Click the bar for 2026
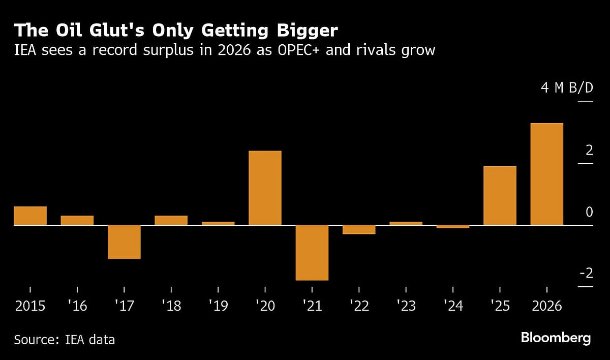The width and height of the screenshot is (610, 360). (546, 174)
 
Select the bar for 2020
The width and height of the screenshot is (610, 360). (265, 188)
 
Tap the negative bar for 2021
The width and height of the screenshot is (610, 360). (312, 252)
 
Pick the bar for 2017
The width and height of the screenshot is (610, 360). (124, 242)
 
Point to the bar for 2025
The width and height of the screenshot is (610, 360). (500, 195)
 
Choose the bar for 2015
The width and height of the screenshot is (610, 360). (30, 216)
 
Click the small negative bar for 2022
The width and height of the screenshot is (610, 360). (359, 229)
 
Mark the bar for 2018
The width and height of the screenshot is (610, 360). (171, 220)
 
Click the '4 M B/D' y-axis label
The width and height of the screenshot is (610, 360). (567, 88)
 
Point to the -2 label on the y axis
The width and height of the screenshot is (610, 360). (586, 274)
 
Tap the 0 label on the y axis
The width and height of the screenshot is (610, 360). (589, 212)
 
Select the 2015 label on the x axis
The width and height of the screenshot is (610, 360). (30, 306)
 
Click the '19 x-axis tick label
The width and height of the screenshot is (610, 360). (218, 306)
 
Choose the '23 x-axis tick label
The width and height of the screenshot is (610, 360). (406, 306)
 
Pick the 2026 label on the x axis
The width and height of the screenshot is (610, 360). (546, 306)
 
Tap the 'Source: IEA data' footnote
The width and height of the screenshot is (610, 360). (64, 339)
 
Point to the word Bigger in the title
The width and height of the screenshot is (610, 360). (308, 31)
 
